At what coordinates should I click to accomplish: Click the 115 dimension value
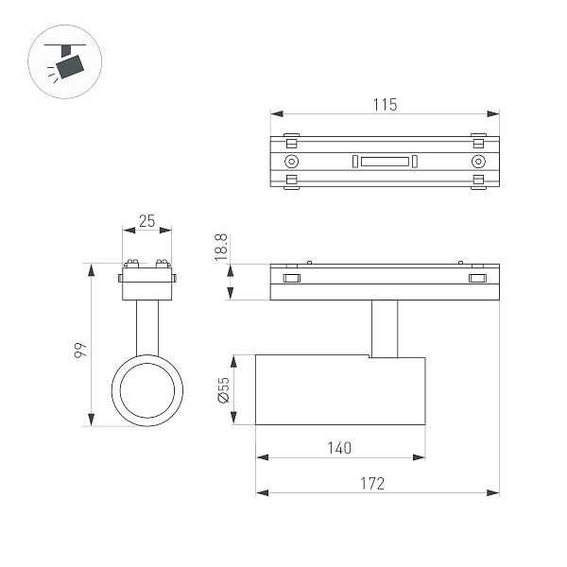tap(385, 104)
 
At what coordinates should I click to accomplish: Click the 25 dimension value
tap(146, 220)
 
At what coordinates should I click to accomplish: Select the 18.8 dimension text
tap(221, 247)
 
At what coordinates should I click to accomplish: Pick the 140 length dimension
tap(340, 447)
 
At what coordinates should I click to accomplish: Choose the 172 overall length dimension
tap(373, 483)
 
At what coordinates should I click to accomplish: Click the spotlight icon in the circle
tap(67, 62)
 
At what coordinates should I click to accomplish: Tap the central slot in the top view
tap(384, 162)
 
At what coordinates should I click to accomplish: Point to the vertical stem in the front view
tap(146, 326)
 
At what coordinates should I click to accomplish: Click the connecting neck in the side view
tap(385, 328)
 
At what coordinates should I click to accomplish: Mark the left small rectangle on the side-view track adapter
tap(292, 278)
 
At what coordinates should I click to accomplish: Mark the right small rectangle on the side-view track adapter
tap(477, 278)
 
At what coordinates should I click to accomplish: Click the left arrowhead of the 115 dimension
tap(276, 114)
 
